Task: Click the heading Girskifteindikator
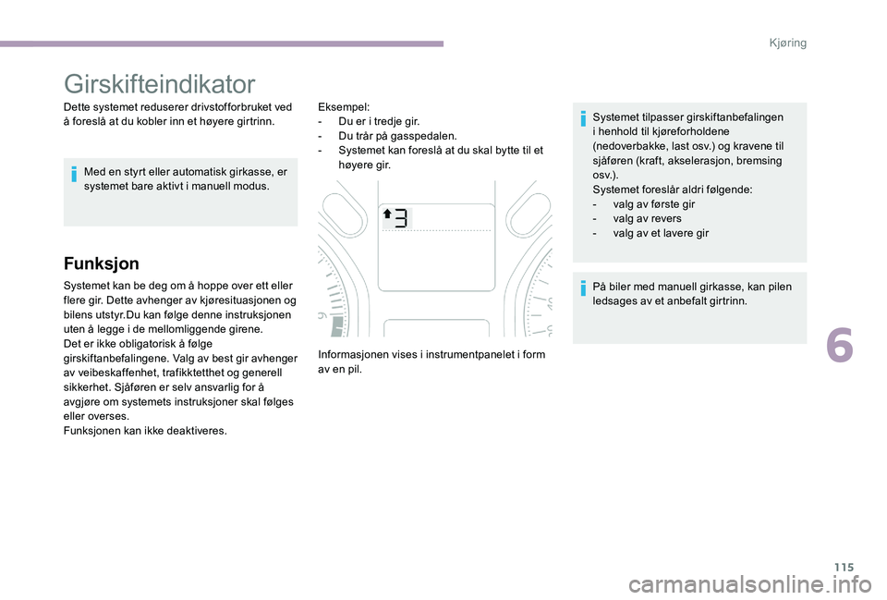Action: (160, 84)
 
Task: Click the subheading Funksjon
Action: (101, 263)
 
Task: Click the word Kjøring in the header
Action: (786, 43)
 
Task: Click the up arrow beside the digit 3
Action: (388, 215)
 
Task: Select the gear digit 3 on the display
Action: (402, 218)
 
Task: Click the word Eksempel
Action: (343, 106)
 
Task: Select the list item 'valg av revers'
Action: (647, 218)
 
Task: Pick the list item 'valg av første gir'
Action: (654, 203)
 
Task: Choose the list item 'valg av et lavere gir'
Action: (661, 233)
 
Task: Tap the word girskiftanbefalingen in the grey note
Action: (729, 117)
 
